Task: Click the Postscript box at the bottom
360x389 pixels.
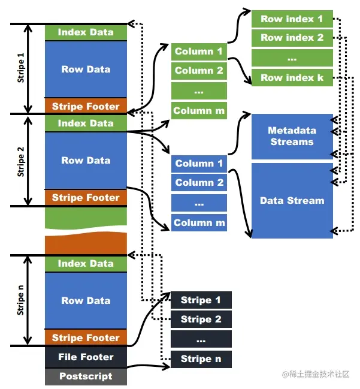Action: click(86, 376)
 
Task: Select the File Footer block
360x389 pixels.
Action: click(86, 357)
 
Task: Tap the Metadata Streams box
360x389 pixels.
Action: click(292, 137)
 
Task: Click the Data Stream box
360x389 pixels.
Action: click(292, 201)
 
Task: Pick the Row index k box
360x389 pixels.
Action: click(292, 77)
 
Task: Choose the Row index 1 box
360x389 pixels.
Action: click(292, 19)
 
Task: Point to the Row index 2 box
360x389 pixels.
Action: click(292, 38)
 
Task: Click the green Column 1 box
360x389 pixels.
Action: click(199, 52)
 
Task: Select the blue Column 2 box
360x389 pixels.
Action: click(199, 183)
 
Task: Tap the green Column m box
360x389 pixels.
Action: click(199, 110)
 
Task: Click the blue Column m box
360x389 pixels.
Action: click(199, 223)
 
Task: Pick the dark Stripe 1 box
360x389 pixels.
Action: click(201, 300)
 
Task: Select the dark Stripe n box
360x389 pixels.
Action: click(201, 359)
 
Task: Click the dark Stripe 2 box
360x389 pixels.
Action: click(201, 319)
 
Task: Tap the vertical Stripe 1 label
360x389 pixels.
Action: click(22, 69)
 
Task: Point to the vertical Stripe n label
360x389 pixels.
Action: click(22, 300)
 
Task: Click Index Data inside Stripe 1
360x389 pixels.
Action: click(86, 32)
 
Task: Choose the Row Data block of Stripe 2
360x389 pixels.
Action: click(86, 161)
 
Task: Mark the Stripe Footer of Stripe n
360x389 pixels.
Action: click(86, 338)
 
